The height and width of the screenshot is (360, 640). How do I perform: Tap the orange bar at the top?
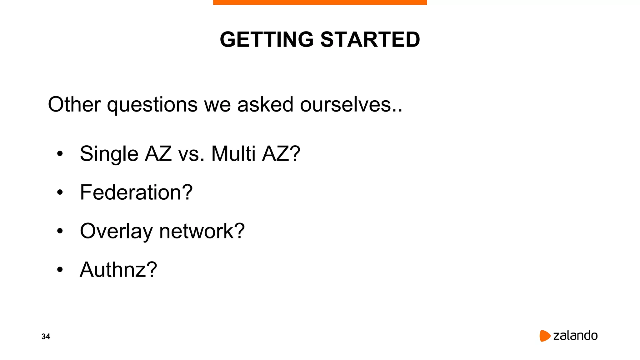320,2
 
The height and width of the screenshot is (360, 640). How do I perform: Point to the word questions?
152,105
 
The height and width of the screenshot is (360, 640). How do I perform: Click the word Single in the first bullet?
109,154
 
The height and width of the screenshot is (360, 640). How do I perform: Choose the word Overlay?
116,232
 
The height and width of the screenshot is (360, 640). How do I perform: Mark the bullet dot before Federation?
60,192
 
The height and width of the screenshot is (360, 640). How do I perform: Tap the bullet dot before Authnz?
60,270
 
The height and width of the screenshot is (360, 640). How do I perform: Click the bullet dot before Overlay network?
60,231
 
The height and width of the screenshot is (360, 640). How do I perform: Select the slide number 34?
46,337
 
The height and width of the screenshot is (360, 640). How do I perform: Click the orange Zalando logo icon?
545,336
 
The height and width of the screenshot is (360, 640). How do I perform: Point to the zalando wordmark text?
575,336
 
